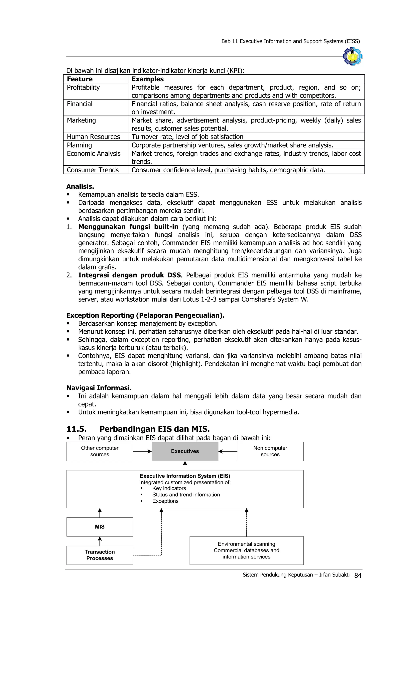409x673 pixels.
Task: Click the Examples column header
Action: pyautogui.click(x=147, y=79)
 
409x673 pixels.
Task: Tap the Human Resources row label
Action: pyautogui.click(x=93, y=136)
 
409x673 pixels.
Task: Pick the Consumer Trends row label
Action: pyautogui.click(x=93, y=170)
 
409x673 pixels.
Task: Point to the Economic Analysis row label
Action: pyautogui.click(x=93, y=153)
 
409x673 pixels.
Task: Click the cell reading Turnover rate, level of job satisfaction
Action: pyautogui.click(x=187, y=136)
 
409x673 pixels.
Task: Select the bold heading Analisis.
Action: pyautogui.click(x=80, y=187)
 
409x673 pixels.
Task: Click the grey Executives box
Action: pyautogui.click(x=185, y=451)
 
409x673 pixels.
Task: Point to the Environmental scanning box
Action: pyautogui.click(x=246, y=550)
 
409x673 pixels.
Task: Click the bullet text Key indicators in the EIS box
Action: pyautogui.click(x=169, y=488)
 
